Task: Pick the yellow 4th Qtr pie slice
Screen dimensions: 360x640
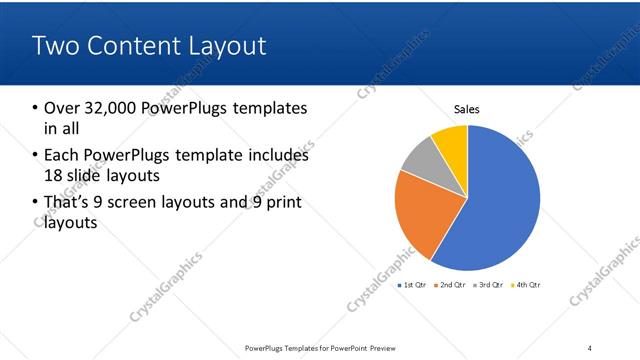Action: (451, 141)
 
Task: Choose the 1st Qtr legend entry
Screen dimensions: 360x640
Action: (414, 286)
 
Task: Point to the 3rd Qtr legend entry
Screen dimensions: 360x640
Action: (490, 286)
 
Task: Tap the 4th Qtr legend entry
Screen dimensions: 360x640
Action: (527, 286)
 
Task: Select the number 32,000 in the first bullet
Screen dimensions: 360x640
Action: (112, 108)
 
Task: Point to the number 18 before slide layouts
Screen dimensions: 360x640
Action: (54, 176)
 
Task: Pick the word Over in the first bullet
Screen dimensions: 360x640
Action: (62, 108)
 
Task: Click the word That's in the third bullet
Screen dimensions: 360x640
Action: (67, 203)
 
